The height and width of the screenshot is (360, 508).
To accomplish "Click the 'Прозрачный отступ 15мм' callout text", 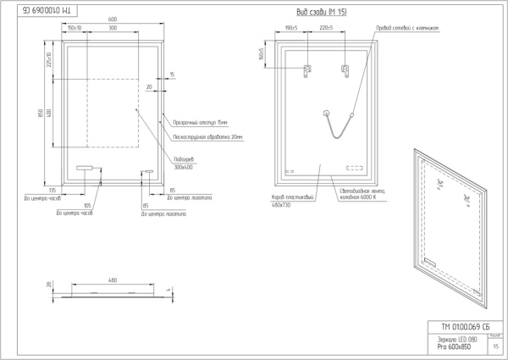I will (x=196, y=123).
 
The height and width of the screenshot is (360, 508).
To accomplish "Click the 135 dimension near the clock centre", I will (x=52, y=189).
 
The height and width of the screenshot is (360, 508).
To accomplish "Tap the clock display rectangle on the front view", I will (x=86, y=168).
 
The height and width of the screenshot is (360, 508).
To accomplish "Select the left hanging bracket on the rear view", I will (x=306, y=69).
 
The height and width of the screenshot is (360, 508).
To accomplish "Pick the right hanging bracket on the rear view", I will (x=345, y=69).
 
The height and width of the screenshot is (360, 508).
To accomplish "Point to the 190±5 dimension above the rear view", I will (x=292, y=28).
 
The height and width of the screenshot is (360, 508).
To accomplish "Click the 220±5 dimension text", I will (x=326, y=28).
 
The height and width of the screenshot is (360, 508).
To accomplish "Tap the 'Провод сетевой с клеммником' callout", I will (x=411, y=28).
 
